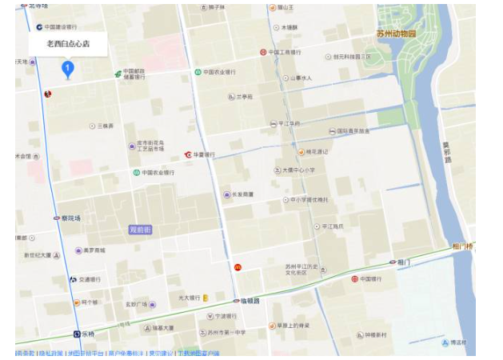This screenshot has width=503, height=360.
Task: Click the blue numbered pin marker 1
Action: click(68, 70)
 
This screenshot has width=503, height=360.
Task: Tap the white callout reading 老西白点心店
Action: click(68, 44)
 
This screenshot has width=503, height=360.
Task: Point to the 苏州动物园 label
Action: click(397, 34)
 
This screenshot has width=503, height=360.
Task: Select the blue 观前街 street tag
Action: click(141, 230)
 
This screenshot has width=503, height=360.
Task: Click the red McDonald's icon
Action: click(238, 266)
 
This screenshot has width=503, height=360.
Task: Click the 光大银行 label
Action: click(187, 298)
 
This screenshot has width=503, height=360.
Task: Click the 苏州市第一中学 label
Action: click(219, 332)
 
